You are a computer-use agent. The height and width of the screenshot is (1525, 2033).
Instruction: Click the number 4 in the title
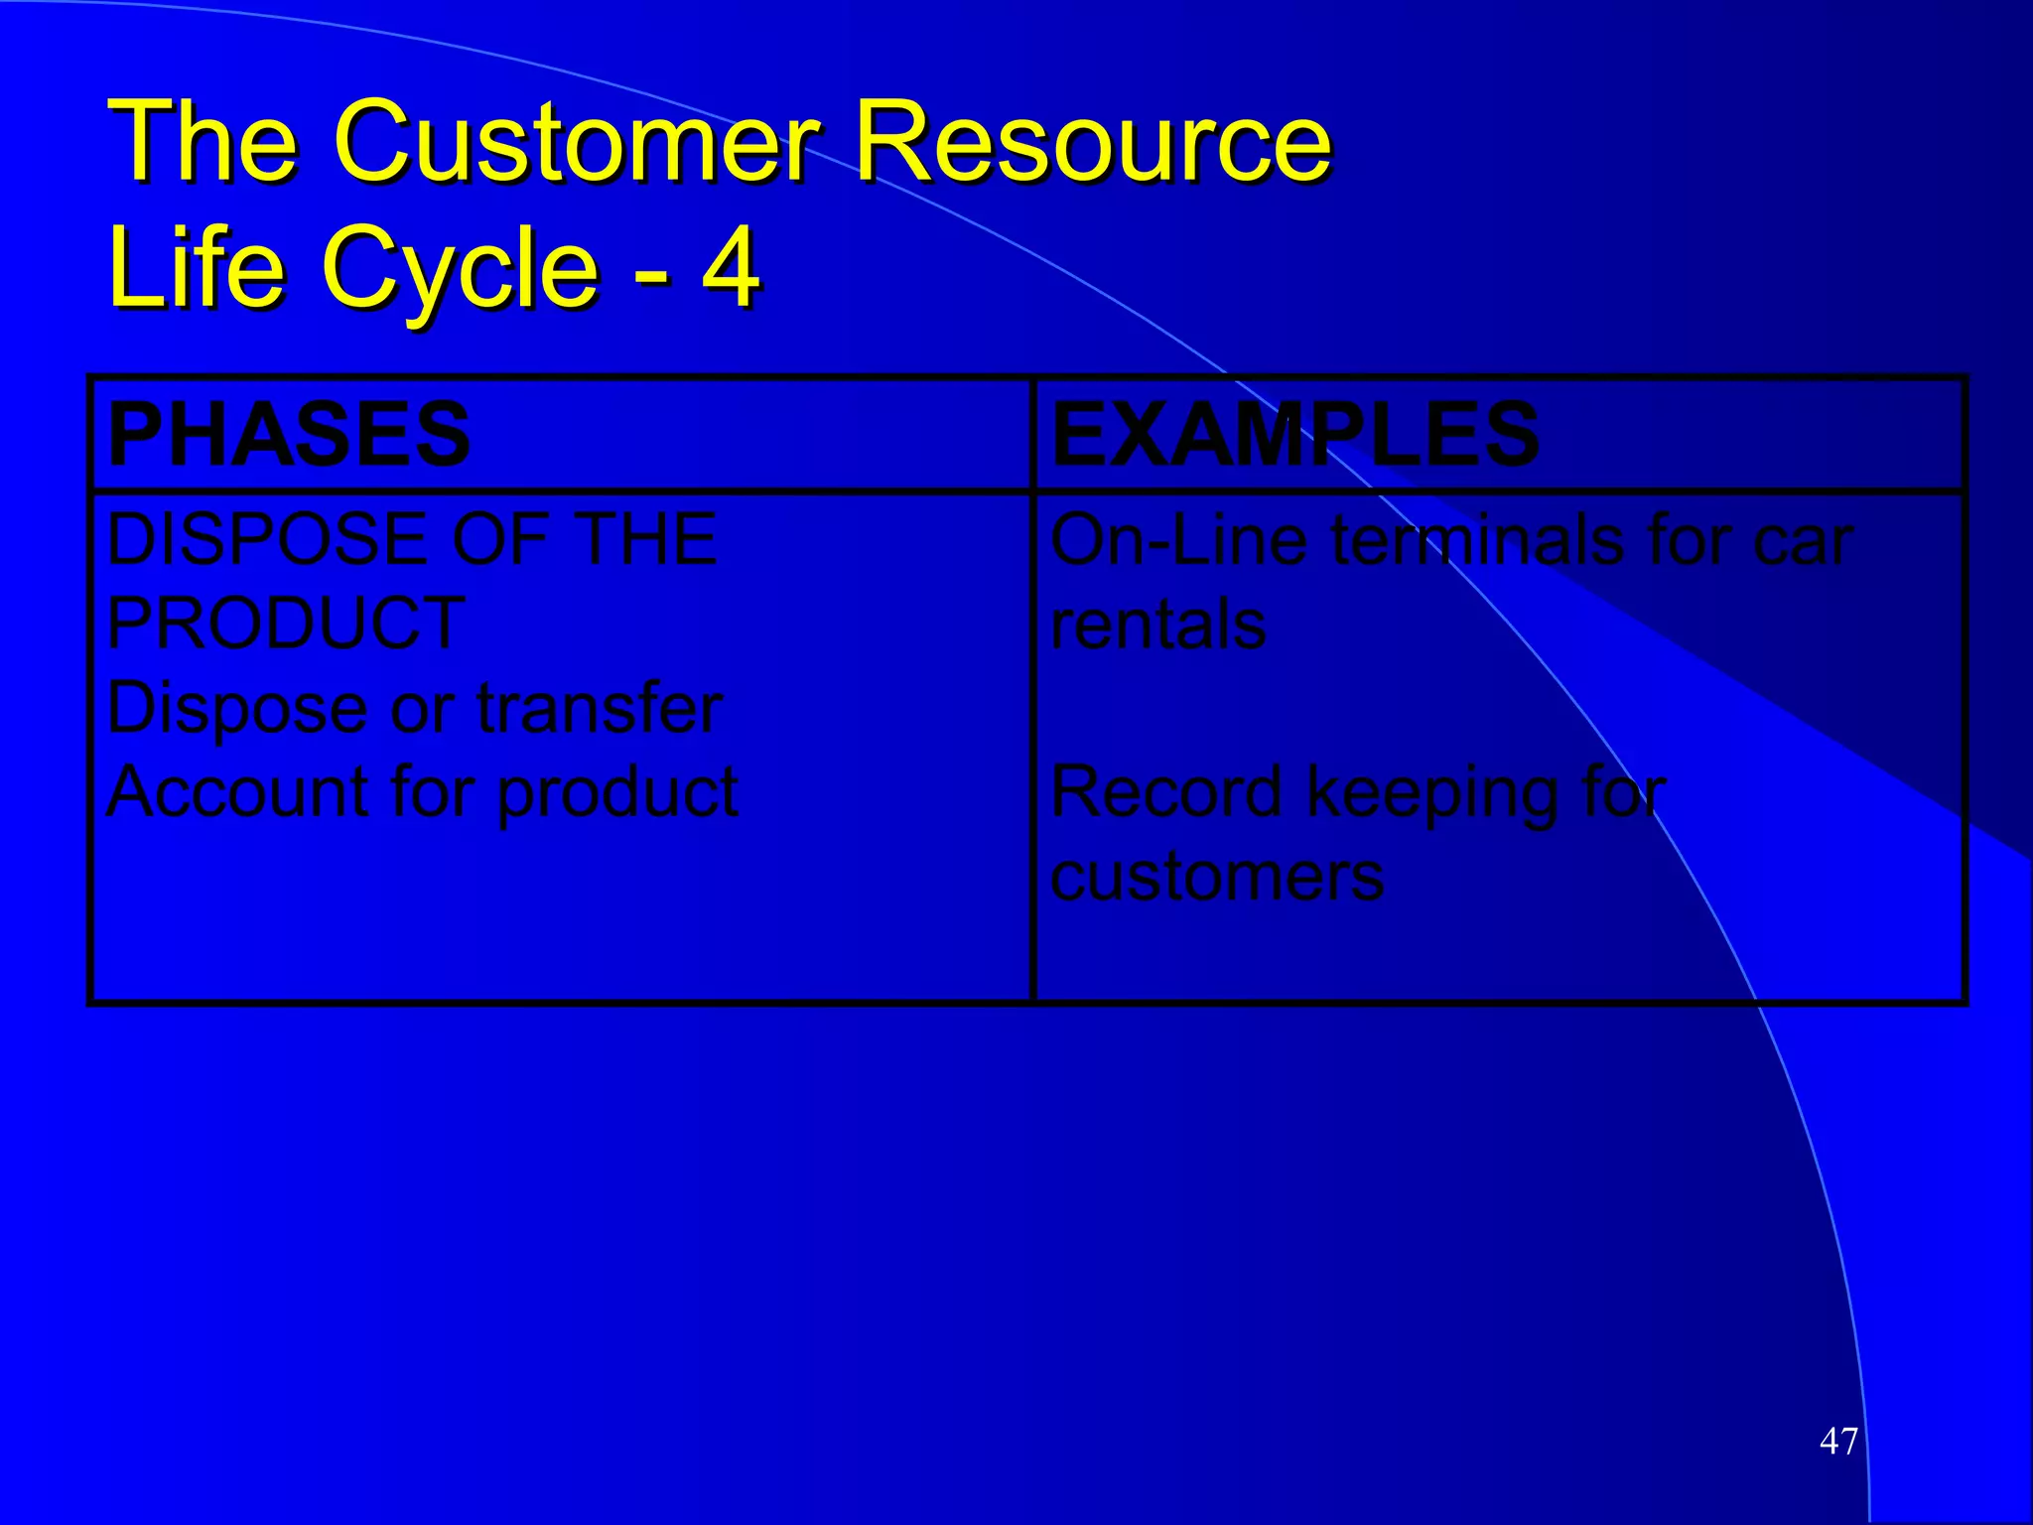click(731, 266)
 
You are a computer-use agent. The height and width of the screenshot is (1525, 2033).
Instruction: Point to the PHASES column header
click(289, 434)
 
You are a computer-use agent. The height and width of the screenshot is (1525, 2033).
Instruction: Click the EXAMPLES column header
click(1294, 434)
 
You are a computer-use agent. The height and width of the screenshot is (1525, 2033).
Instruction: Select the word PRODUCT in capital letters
click(286, 624)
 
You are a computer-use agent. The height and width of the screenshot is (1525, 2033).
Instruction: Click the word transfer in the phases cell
click(600, 709)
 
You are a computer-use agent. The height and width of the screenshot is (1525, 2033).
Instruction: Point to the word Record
click(1167, 792)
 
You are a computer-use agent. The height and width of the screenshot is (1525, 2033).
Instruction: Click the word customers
click(1217, 877)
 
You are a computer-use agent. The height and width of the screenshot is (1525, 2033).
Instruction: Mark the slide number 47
click(1838, 1441)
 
